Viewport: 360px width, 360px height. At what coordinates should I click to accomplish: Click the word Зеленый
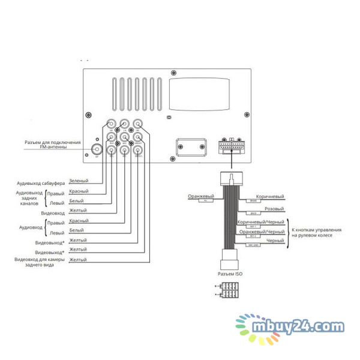(79, 181)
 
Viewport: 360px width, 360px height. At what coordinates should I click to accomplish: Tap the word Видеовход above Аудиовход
(53, 213)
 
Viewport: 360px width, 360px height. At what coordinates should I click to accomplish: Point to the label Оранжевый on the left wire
(200, 197)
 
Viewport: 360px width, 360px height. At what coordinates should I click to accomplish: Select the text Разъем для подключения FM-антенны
(52, 145)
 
